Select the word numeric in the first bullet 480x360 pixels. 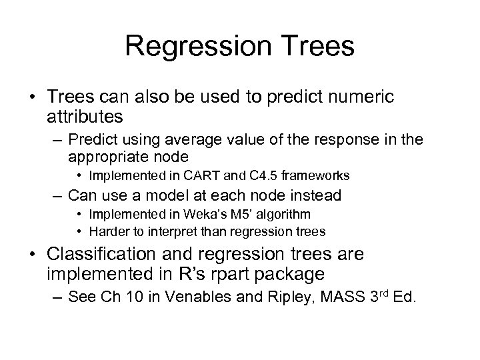359,97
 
